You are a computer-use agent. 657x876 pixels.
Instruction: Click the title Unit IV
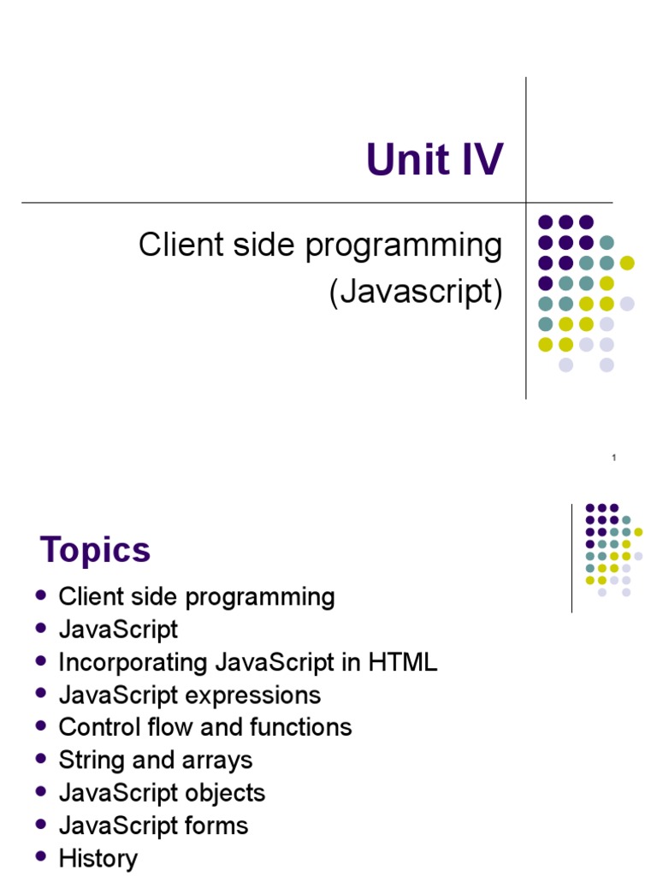435,159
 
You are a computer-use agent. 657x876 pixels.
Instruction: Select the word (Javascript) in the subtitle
417,292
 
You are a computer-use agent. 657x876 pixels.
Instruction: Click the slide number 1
614,458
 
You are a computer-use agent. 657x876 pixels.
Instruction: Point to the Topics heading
96,550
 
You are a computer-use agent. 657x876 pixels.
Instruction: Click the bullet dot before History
40,855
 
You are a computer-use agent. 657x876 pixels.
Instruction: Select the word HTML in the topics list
403,663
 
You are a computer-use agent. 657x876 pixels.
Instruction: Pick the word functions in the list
301,727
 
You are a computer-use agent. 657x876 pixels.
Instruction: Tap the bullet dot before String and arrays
40,758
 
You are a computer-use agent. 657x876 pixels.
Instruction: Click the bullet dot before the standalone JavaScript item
40,627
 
